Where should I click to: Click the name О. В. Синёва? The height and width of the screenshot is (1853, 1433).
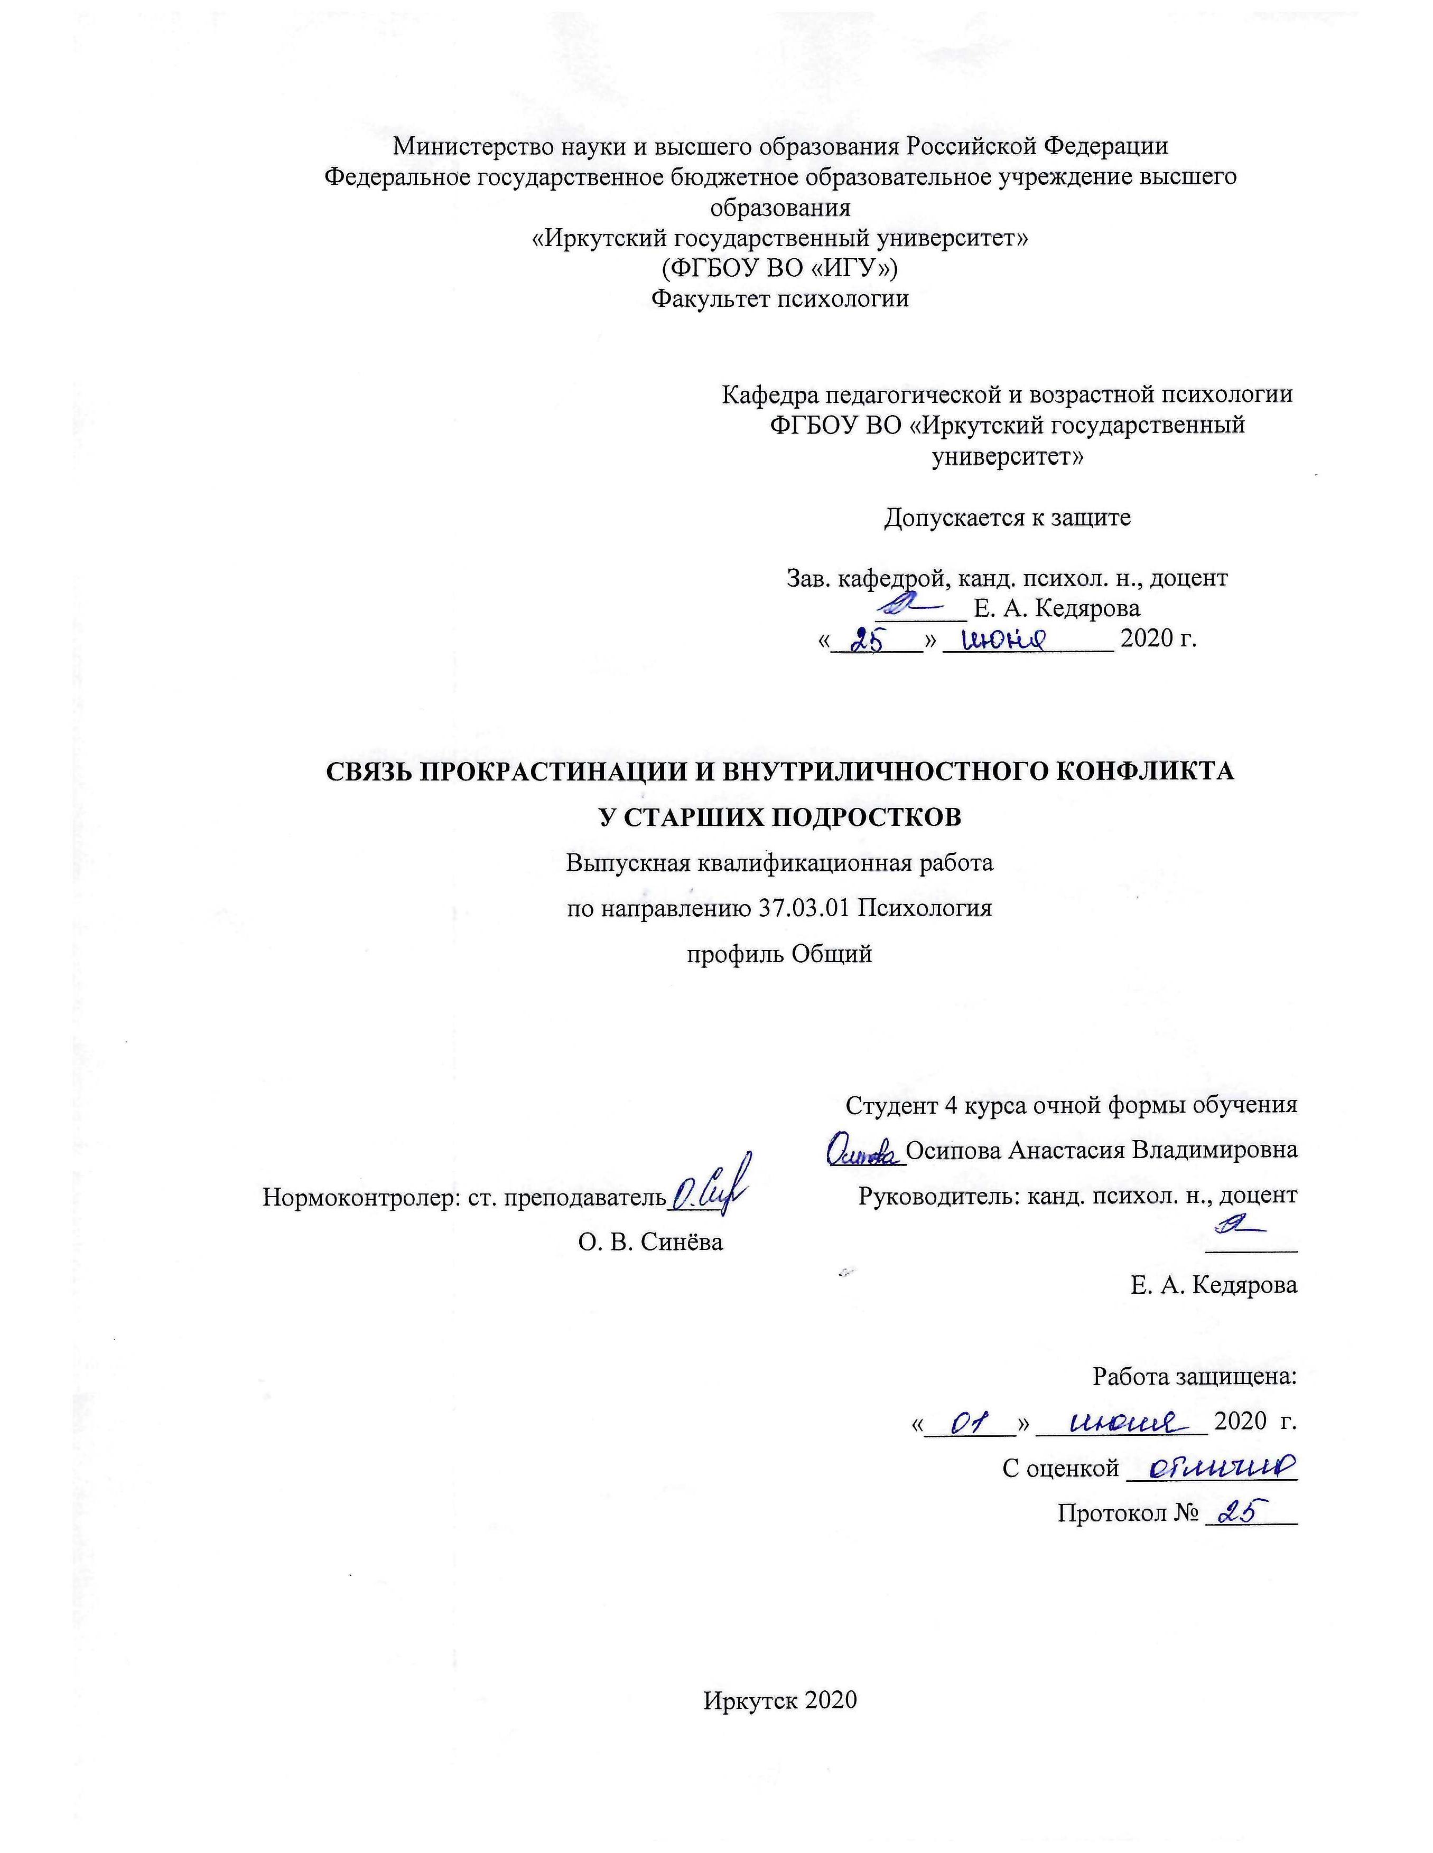[x=650, y=1242]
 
